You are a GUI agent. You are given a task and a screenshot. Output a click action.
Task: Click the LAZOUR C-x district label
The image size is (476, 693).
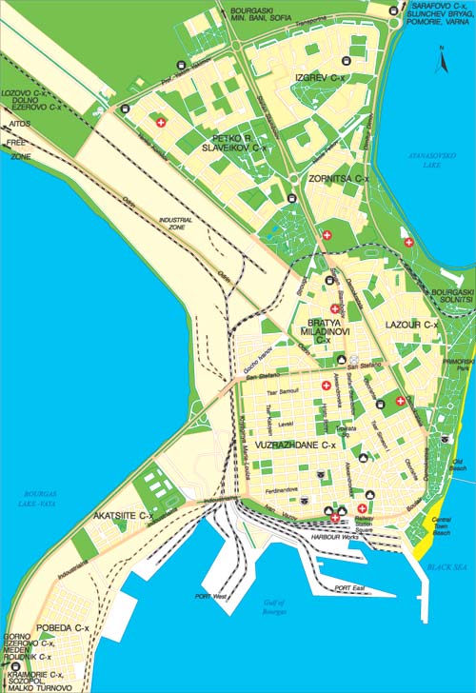pos(410,326)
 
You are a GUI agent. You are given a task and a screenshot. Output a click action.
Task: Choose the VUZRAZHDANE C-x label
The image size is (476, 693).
pos(304,445)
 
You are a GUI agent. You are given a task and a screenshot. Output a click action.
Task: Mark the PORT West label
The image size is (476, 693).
pos(211,596)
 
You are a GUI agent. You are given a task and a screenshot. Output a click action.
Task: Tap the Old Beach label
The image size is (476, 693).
pos(458,465)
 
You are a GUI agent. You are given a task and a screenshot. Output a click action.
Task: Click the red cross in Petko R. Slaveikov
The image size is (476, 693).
pos(161,123)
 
